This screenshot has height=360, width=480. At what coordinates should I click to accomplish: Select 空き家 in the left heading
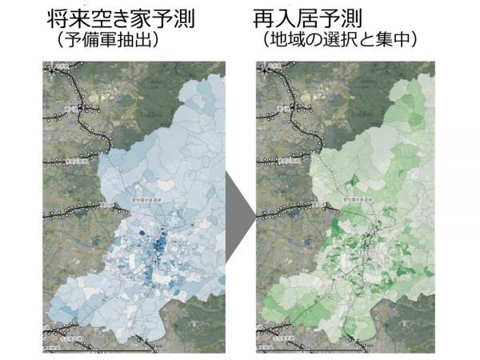118,16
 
